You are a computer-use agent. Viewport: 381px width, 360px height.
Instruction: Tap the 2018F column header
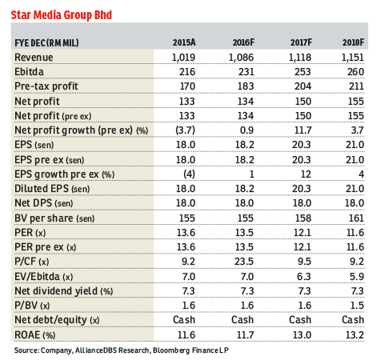coord(349,42)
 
